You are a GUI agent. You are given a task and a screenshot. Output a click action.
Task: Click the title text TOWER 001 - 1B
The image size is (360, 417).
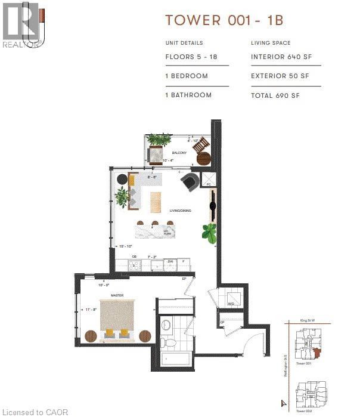pyautogui.click(x=224, y=20)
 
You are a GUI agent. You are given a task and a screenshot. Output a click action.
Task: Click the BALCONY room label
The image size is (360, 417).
pyautogui.click(x=179, y=153)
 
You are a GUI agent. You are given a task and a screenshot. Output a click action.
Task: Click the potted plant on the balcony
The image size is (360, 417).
pyautogui.click(x=158, y=141)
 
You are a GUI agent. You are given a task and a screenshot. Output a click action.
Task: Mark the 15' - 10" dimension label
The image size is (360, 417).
pyautogui.click(x=125, y=246)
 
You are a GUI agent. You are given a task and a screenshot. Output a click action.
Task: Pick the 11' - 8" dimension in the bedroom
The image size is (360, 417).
pyautogui.click(x=90, y=310)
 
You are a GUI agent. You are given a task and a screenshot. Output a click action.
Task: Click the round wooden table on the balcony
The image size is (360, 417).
pyautogui.click(x=203, y=158)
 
